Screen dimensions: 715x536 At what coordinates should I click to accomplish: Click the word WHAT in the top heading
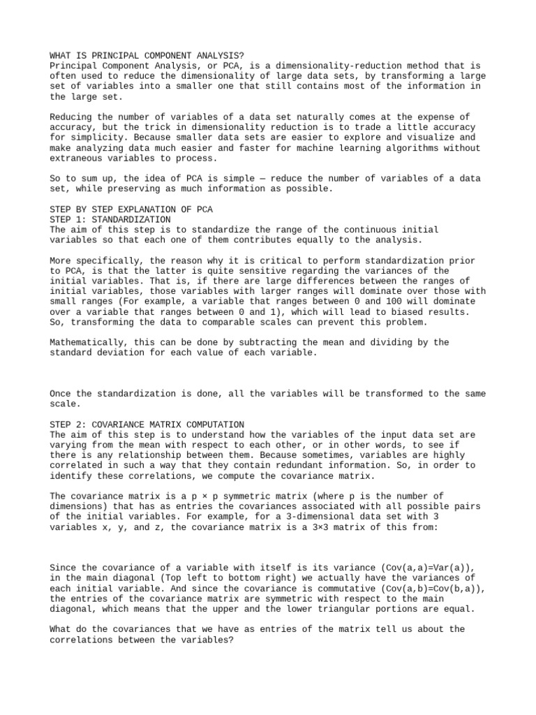(x=61, y=55)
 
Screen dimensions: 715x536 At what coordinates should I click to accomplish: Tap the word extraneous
(x=77, y=159)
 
